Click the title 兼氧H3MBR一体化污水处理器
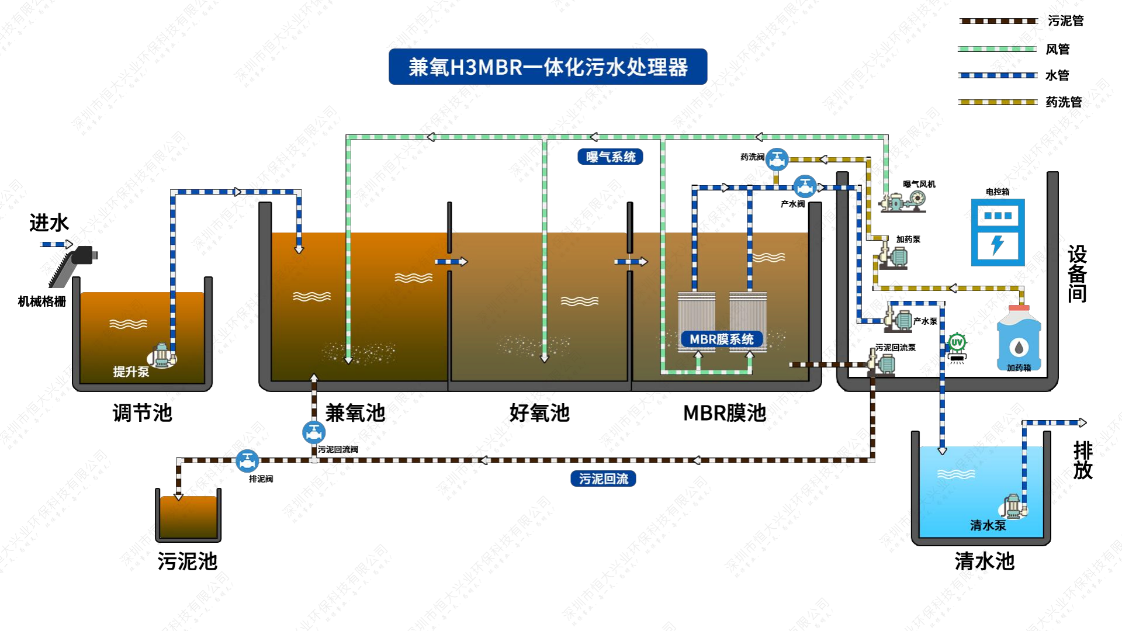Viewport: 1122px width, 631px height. pyautogui.click(x=548, y=67)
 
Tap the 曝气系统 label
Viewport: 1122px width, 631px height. pyautogui.click(x=610, y=157)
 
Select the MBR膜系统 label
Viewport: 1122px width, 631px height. pyautogui.click(x=721, y=339)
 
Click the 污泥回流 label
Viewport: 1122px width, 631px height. pyautogui.click(x=603, y=479)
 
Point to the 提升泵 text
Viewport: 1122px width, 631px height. pyautogui.click(x=131, y=372)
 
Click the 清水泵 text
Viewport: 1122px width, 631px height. pyautogui.click(x=988, y=525)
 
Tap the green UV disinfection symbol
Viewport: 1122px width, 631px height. pyautogui.click(x=957, y=342)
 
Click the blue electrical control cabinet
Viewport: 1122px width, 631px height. pyautogui.click(x=998, y=232)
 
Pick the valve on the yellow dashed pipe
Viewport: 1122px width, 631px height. pyautogui.click(x=777, y=159)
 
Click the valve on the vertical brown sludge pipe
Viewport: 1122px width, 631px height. pyautogui.click(x=314, y=432)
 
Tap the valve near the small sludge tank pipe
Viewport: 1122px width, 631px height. pyautogui.click(x=247, y=461)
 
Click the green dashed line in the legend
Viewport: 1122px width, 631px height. pyautogui.click(x=997, y=49)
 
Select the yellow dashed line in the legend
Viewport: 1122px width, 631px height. pyautogui.click(x=997, y=102)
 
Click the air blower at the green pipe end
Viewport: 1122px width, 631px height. pyautogui.click(x=903, y=202)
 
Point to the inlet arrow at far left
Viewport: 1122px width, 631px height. pyautogui.click(x=56, y=244)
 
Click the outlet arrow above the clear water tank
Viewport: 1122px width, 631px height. pyautogui.click(x=1081, y=422)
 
